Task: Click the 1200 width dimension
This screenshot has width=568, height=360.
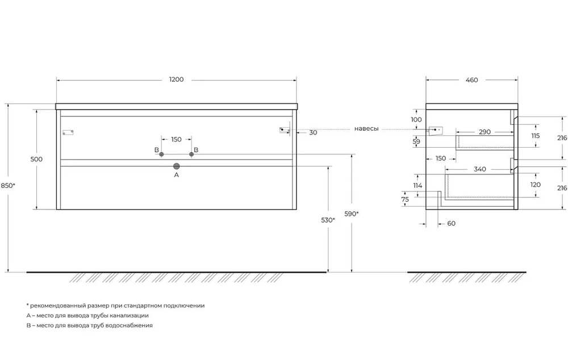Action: coord(177,79)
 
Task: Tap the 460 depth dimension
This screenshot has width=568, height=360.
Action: coord(471,80)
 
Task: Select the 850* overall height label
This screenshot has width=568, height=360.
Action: coord(7,186)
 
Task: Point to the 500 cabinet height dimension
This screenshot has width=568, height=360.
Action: coord(36,159)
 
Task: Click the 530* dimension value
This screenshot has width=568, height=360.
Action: coord(328,220)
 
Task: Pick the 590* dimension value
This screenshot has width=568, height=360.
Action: coord(352,214)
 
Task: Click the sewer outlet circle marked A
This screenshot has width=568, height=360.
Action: coord(177,166)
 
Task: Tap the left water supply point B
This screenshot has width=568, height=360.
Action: coord(161,154)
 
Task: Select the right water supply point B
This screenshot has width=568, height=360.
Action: coord(191,154)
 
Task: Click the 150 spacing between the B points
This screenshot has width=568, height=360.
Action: coord(177,140)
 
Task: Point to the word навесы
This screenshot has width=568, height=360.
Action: coord(366,128)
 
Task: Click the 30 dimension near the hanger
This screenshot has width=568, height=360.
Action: coord(314,132)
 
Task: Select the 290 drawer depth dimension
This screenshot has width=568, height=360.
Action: coord(485,132)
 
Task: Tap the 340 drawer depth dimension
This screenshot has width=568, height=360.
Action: coord(480,169)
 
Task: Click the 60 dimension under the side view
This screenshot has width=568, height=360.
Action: coord(452,224)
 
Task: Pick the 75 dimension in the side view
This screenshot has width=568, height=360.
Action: coord(405,199)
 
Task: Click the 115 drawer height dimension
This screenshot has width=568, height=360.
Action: coord(536,136)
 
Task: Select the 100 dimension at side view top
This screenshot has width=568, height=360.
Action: coord(416,119)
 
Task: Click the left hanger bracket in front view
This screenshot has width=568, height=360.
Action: coord(68,132)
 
